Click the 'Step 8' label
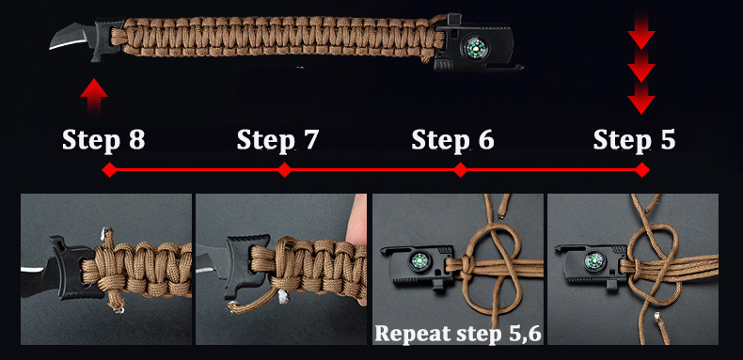point(103,140)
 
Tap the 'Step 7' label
point(277,140)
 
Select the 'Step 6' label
point(452,140)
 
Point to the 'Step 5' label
point(635,140)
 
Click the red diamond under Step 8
point(109,169)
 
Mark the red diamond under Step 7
point(284,169)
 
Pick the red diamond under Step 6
point(460,169)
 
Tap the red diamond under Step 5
point(642,169)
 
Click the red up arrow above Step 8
point(94,97)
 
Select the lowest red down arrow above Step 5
point(641,101)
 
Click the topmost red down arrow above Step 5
point(641,32)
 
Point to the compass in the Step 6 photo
point(417,261)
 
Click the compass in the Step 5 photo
point(593,261)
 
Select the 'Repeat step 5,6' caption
point(457,333)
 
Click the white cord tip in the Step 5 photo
point(657,317)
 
